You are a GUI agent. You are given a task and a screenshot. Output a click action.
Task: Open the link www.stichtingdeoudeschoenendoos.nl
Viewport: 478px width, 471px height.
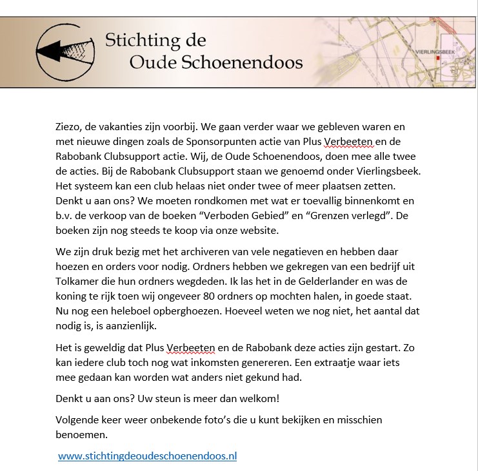[x=147, y=456]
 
